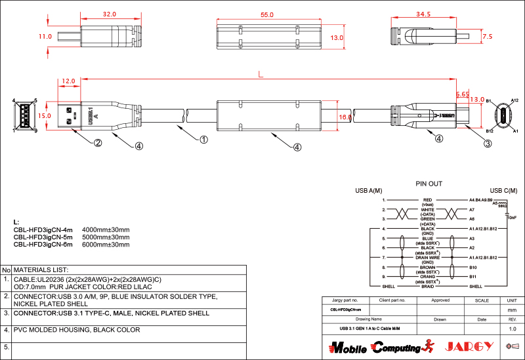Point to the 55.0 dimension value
coord(267,14)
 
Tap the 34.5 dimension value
coord(423,14)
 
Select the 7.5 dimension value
coord(487,37)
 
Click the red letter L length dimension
coord(261,74)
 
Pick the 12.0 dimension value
coord(68,81)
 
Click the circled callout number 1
coord(204,140)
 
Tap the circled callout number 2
coord(97,142)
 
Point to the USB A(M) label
coord(369,191)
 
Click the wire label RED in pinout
coord(427,199)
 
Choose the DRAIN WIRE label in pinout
coord(427,258)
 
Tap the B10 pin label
coord(472,268)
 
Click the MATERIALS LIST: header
coord(41,270)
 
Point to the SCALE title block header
coord(482,300)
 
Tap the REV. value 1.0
coord(513,329)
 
